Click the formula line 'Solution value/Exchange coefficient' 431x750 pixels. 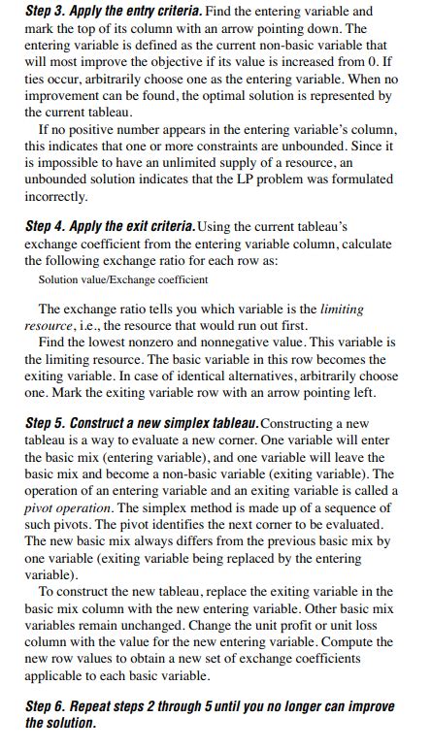[x=122, y=279]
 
